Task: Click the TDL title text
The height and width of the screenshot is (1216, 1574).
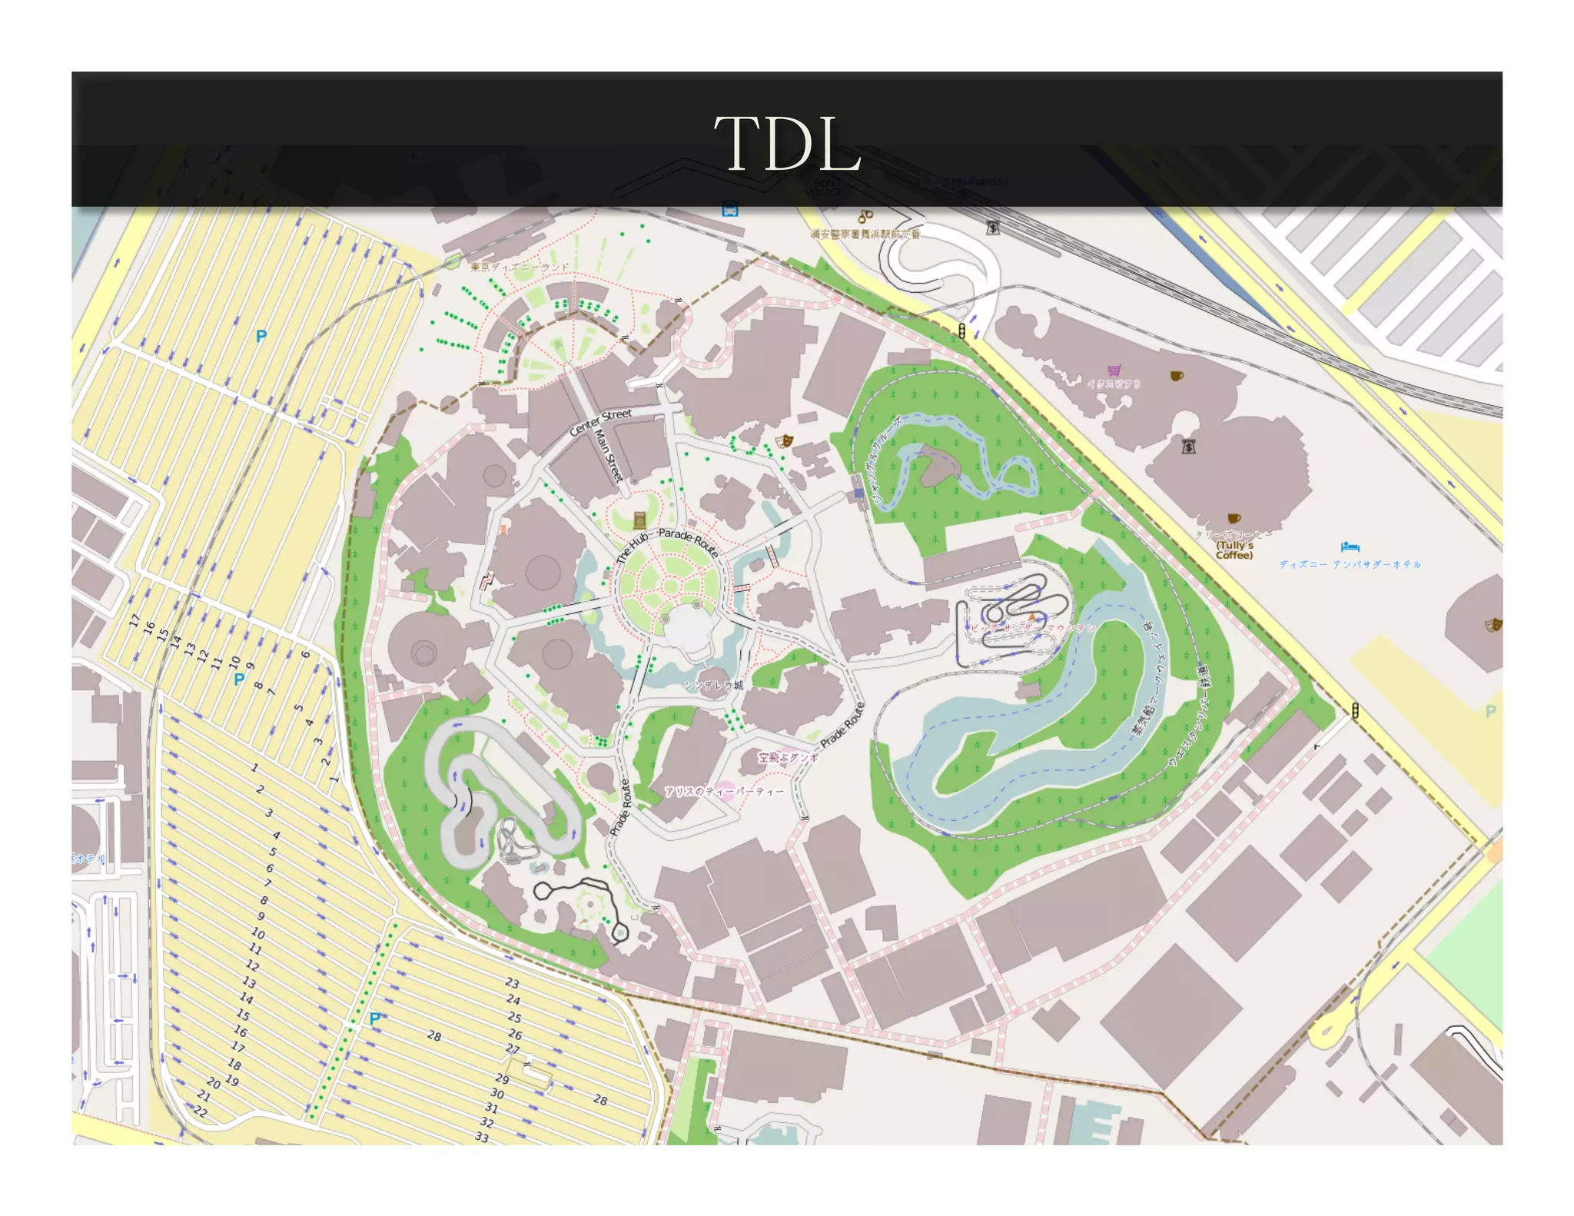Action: [788, 144]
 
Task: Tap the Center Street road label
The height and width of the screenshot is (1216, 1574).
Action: [600, 422]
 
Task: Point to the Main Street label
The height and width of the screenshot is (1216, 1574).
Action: [608, 456]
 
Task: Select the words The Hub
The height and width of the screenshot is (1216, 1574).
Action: [633, 547]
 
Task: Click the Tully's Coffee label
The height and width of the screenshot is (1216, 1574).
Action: [1234, 550]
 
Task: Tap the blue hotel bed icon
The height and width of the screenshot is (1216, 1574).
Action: [1350, 547]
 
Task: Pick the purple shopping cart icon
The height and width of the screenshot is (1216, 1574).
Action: [1114, 370]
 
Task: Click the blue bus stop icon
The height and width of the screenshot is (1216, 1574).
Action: [729, 209]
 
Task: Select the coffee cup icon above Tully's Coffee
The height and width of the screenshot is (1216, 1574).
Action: [1233, 519]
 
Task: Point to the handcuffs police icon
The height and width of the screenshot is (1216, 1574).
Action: [865, 217]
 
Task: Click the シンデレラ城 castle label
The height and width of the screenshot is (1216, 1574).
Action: [713, 685]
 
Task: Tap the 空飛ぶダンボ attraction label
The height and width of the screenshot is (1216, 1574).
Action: [789, 757]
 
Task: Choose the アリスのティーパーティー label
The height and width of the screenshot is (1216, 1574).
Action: [724, 791]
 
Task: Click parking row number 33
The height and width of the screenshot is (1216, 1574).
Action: [482, 1137]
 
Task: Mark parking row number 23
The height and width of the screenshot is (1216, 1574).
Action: [513, 982]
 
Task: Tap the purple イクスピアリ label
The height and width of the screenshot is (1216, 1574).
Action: [1114, 384]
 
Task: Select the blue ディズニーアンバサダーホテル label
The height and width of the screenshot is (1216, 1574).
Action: [1350, 564]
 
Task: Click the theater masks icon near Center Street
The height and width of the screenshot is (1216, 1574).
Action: [784, 441]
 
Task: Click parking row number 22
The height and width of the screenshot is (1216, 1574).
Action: [201, 1111]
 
